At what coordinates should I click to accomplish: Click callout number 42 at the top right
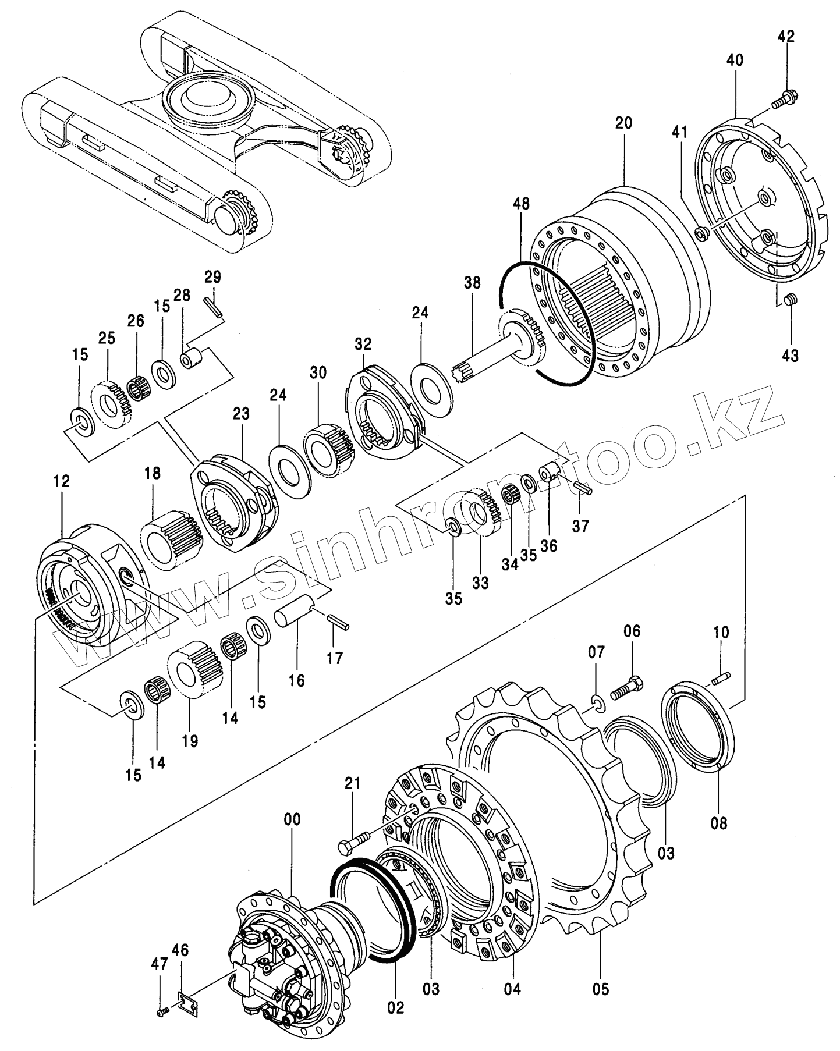click(x=786, y=36)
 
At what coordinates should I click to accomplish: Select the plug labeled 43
click(x=790, y=300)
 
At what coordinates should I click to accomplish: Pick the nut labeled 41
click(x=701, y=233)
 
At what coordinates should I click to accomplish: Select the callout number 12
click(x=61, y=481)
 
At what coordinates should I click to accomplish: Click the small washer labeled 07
click(x=597, y=702)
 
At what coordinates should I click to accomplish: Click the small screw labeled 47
click(x=162, y=1013)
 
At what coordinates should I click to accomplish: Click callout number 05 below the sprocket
click(x=601, y=988)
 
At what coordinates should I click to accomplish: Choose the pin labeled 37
click(x=582, y=487)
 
